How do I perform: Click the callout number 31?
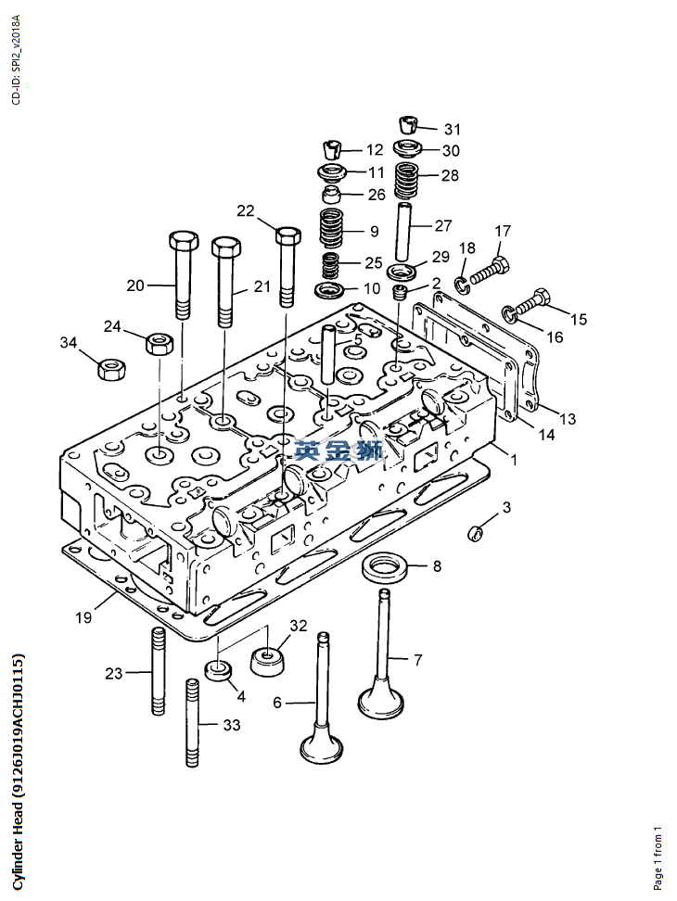pos(453,129)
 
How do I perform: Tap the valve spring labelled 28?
pos(407,181)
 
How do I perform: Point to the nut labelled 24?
pos(160,344)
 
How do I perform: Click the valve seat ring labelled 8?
pos(385,567)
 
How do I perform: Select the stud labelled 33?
pos(193,722)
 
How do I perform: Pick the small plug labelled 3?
pos(475,533)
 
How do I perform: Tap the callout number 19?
pos(83,617)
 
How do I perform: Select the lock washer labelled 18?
pos(462,282)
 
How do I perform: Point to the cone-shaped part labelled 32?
pos(269,663)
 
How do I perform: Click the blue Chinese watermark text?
pos(338,450)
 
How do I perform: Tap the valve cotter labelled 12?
pos(331,149)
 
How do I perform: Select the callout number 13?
pos(568,419)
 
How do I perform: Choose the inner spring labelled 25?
pos(330,266)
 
